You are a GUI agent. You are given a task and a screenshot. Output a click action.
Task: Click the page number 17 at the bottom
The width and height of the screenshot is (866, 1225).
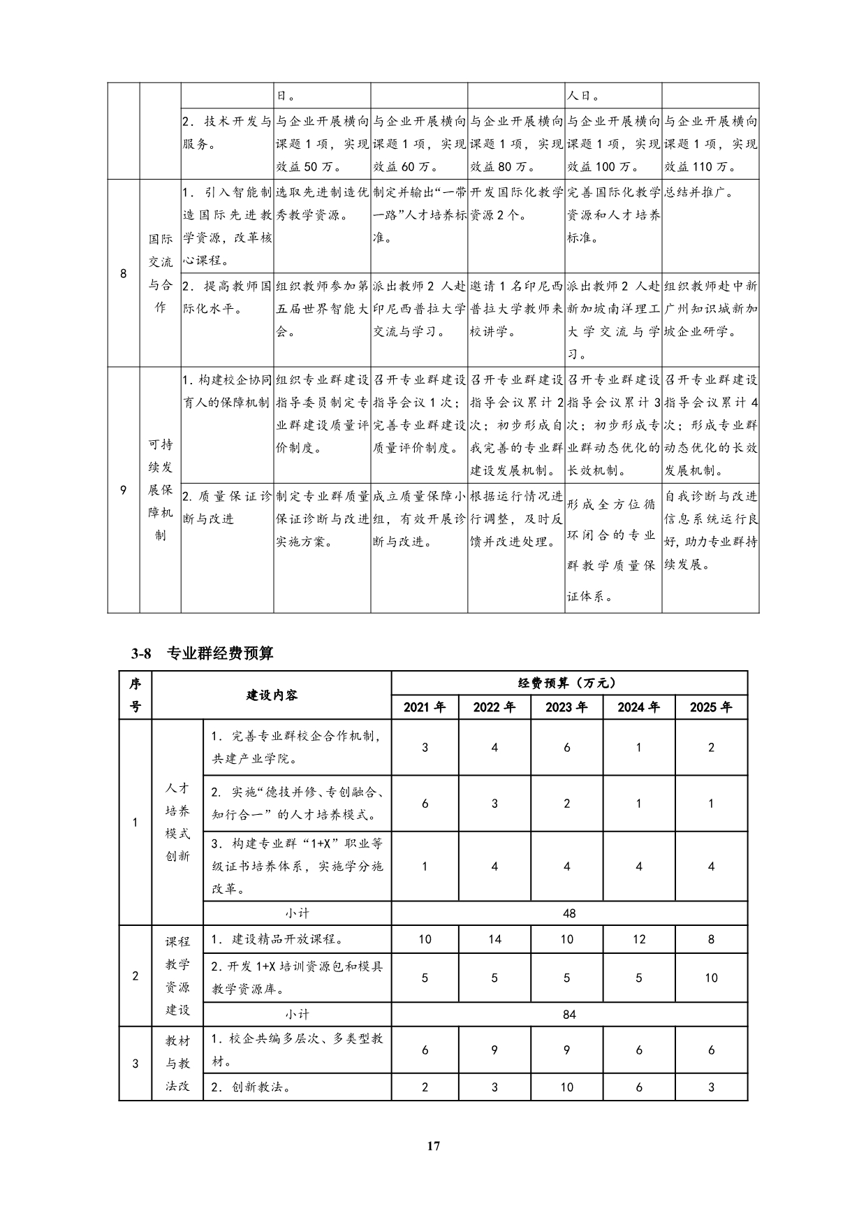433,1145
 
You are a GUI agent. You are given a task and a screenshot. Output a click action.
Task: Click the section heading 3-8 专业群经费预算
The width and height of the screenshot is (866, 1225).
202,653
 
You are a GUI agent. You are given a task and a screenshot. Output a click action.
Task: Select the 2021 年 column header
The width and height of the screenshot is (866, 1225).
425,707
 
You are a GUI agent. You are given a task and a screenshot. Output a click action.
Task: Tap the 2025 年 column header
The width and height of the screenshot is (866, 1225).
711,707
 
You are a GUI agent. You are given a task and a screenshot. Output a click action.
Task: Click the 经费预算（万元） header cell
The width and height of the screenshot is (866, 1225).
568,683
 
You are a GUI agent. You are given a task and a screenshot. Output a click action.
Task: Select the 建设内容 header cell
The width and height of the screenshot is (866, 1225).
272,695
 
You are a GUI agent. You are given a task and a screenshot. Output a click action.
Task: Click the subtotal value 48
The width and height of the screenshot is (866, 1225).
568,913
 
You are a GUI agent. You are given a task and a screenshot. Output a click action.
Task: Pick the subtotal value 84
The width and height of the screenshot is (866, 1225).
568,1014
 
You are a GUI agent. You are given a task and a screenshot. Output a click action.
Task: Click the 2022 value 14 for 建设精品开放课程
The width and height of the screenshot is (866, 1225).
494,939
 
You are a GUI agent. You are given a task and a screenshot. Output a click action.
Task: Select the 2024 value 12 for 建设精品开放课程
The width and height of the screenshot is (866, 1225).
639,939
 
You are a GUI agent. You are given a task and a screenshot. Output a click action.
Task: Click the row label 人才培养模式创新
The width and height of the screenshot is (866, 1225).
177,822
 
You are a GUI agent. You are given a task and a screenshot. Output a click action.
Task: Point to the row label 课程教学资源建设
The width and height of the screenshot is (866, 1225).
177,976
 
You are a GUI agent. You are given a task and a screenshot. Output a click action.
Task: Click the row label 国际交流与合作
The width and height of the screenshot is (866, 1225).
161,273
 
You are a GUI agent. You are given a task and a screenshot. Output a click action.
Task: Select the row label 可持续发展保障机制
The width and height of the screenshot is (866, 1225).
161,489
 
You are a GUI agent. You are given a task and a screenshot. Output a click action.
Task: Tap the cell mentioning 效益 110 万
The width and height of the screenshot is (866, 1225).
710,144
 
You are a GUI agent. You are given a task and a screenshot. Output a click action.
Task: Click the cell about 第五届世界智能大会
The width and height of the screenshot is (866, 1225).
321,308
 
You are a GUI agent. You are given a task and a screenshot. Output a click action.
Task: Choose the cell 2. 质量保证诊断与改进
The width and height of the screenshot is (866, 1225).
227,507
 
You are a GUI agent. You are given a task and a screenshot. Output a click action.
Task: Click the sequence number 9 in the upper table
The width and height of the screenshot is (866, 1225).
124,490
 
